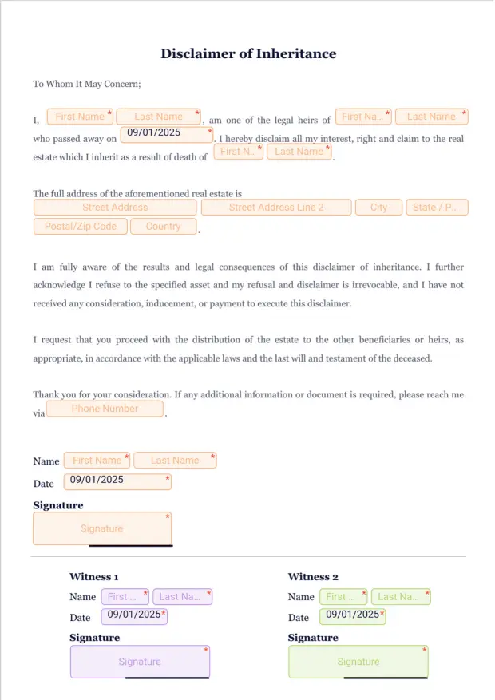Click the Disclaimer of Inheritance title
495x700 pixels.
click(x=248, y=54)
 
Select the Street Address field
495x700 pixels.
click(x=115, y=208)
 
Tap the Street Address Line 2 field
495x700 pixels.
click(x=276, y=208)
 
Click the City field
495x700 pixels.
click(x=378, y=208)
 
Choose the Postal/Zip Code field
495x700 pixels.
click(x=81, y=227)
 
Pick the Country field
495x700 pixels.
click(x=164, y=227)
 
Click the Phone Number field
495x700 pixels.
click(x=105, y=409)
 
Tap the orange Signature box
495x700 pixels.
click(x=102, y=528)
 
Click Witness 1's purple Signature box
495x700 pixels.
click(x=140, y=662)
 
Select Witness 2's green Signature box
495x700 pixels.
click(x=358, y=662)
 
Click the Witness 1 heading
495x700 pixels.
click(x=94, y=577)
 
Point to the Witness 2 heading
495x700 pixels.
click(x=313, y=577)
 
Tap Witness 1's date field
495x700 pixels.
click(x=134, y=615)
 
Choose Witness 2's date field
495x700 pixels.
click(x=352, y=615)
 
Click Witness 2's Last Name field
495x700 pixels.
click(x=400, y=596)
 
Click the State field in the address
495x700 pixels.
click(x=436, y=208)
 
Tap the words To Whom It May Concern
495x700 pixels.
click(x=87, y=84)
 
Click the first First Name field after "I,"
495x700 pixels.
click(x=80, y=117)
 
